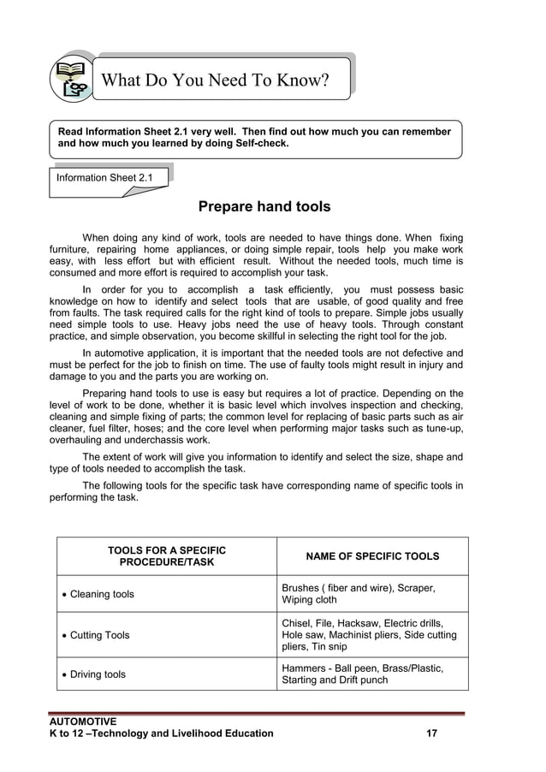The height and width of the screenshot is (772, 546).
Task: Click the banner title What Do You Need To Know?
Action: [215, 80]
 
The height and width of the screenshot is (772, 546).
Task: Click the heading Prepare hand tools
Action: [264, 207]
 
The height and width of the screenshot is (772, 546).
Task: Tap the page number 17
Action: [433, 733]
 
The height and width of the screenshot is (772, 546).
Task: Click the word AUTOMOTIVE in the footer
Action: [82, 722]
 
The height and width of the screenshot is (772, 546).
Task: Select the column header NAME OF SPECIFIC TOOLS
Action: [372, 556]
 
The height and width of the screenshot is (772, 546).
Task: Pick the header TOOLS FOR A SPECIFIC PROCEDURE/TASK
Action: [167, 556]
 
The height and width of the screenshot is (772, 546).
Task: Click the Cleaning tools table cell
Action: [102, 594]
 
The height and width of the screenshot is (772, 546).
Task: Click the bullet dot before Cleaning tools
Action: [64, 595]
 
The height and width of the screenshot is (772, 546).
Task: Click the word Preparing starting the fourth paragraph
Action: [108, 394]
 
